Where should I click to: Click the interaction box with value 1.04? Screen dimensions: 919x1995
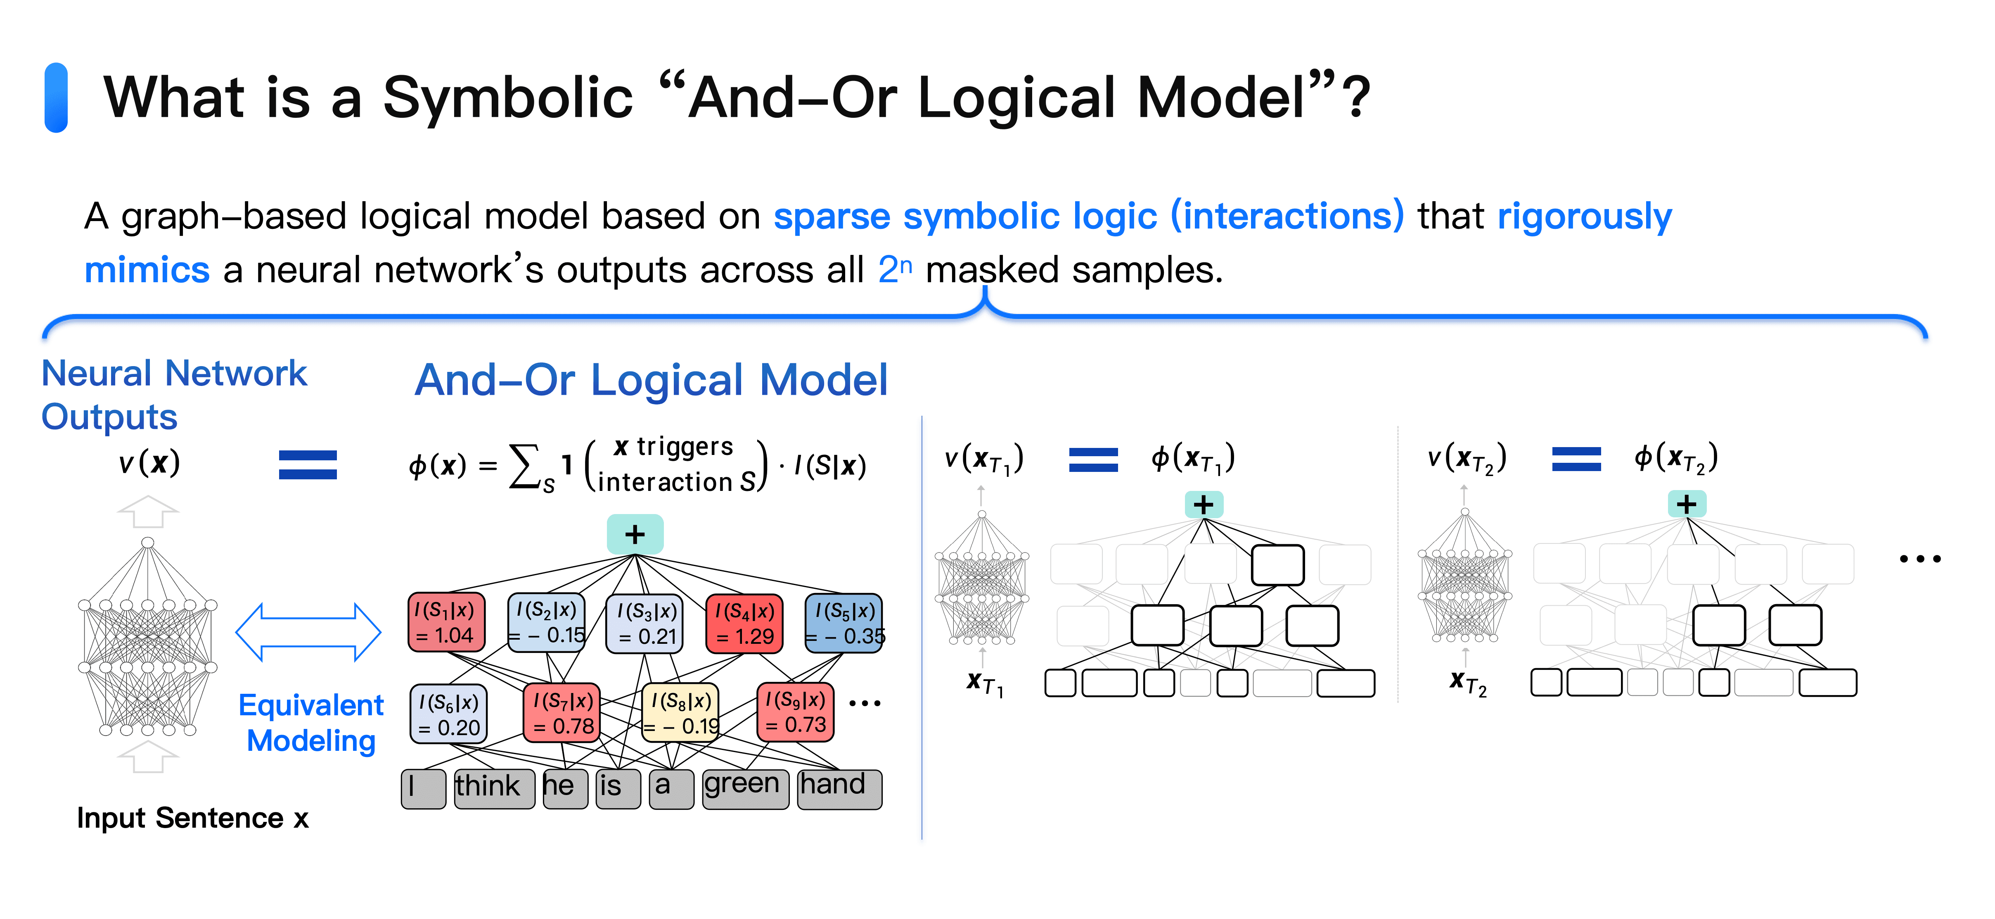pos(446,622)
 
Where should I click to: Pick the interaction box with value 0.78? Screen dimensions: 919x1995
pos(562,713)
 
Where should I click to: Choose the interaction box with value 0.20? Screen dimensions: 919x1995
pos(448,714)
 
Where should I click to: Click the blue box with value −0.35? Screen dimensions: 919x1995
pos(843,623)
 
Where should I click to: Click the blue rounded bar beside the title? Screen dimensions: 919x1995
pos(56,98)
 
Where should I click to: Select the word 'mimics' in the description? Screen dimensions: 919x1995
pos(147,270)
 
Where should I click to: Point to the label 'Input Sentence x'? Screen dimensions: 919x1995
pos(192,818)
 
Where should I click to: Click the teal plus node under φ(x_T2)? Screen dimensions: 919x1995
pos(1686,505)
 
